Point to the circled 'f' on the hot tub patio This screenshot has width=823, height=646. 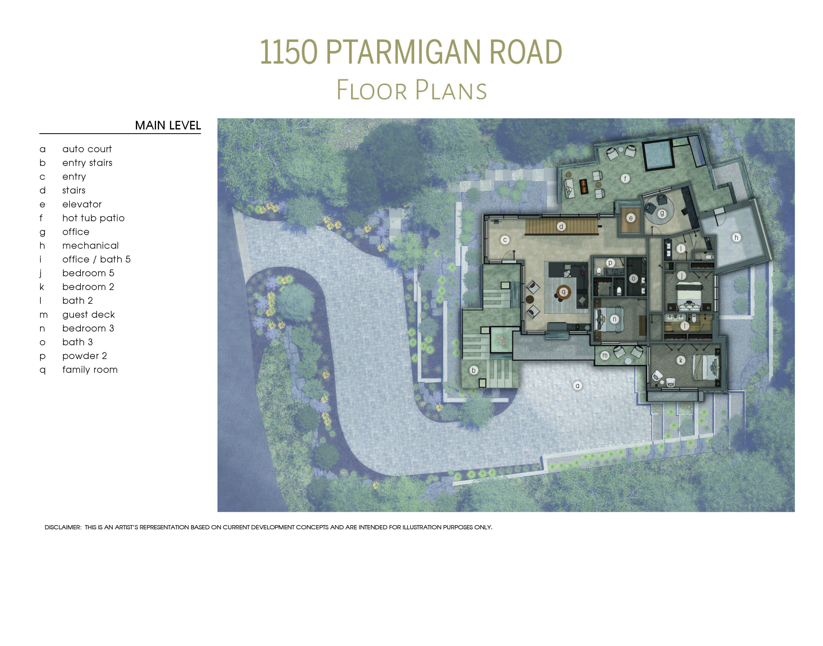tap(625, 179)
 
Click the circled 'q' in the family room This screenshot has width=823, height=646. tap(563, 292)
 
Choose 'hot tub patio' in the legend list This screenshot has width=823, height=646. tap(93, 218)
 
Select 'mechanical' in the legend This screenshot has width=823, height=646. tap(90, 246)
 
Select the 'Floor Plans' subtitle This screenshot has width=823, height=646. tap(411, 90)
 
